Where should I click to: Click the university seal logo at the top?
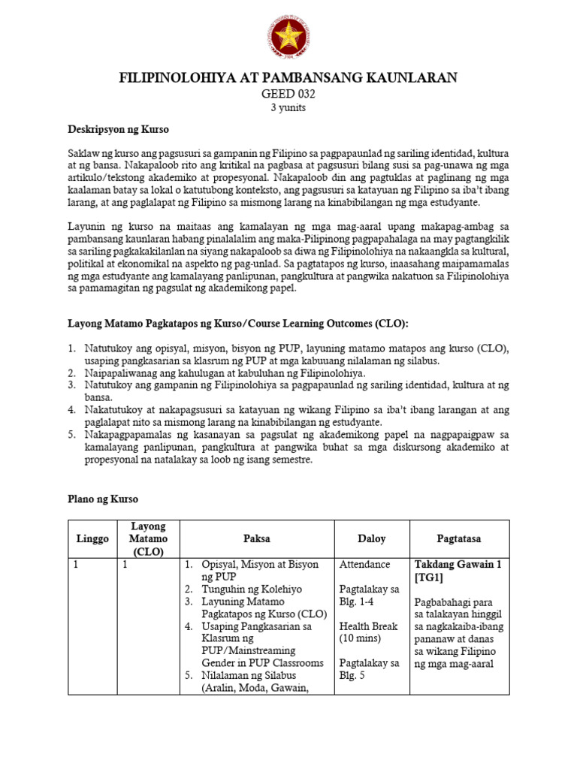tap(288, 38)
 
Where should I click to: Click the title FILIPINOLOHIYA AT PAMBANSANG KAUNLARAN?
tap(288, 78)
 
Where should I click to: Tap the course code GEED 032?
tap(288, 94)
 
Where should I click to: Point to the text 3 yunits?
tap(288, 107)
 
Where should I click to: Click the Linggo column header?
tap(92, 538)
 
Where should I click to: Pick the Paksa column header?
tap(256, 538)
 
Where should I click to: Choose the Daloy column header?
tap(371, 538)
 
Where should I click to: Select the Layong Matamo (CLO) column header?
tap(149, 538)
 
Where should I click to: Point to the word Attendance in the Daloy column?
tap(364, 564)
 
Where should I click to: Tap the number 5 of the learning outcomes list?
tap(71, 433)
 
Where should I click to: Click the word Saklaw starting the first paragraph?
tap(84, 154)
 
